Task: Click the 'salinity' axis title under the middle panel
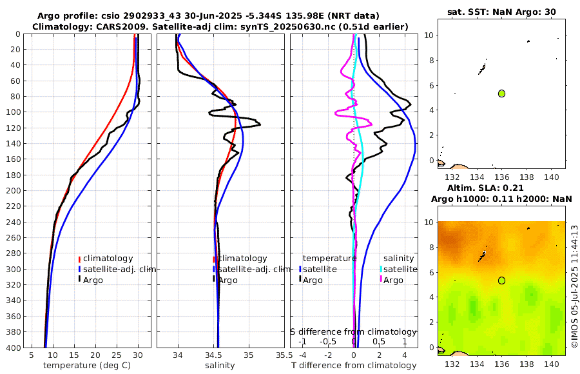[219, 366]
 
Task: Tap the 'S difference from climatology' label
[353, 331]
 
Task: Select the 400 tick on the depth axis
[13, 347]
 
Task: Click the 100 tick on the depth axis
[13, 112]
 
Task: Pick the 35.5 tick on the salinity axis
[280, 355]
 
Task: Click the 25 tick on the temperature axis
[117, 355]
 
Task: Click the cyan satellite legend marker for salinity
[381, 269]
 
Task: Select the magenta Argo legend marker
[381, 280]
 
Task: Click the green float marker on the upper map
[501, 93]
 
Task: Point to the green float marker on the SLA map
[501, 280]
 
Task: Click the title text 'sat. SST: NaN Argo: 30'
[501, 12]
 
